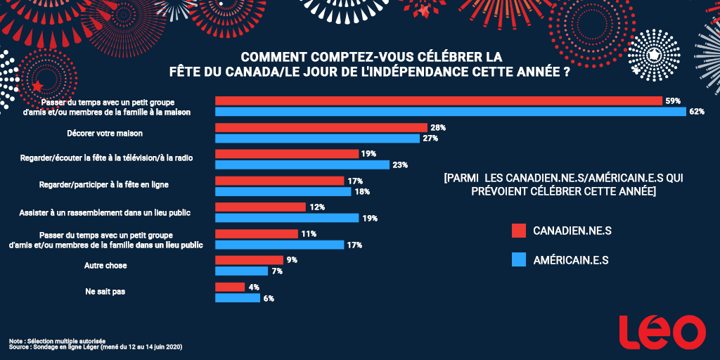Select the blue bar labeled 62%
coord(450,112)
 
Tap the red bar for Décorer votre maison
coord(321,127)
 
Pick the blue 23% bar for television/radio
coord(302,165)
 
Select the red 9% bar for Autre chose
coord(248,260)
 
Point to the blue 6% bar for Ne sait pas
coord(237,298)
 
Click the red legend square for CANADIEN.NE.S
coord(519,231)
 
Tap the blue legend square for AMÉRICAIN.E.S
coord(519,260)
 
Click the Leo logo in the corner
coord(662,331)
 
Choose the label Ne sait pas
coord(104,292)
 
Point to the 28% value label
coord(438,127)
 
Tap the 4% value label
coord(255,287)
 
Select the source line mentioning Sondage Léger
coord(95,347)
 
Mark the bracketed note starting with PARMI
coord(563,185)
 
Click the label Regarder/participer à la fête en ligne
coord(104,185)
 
